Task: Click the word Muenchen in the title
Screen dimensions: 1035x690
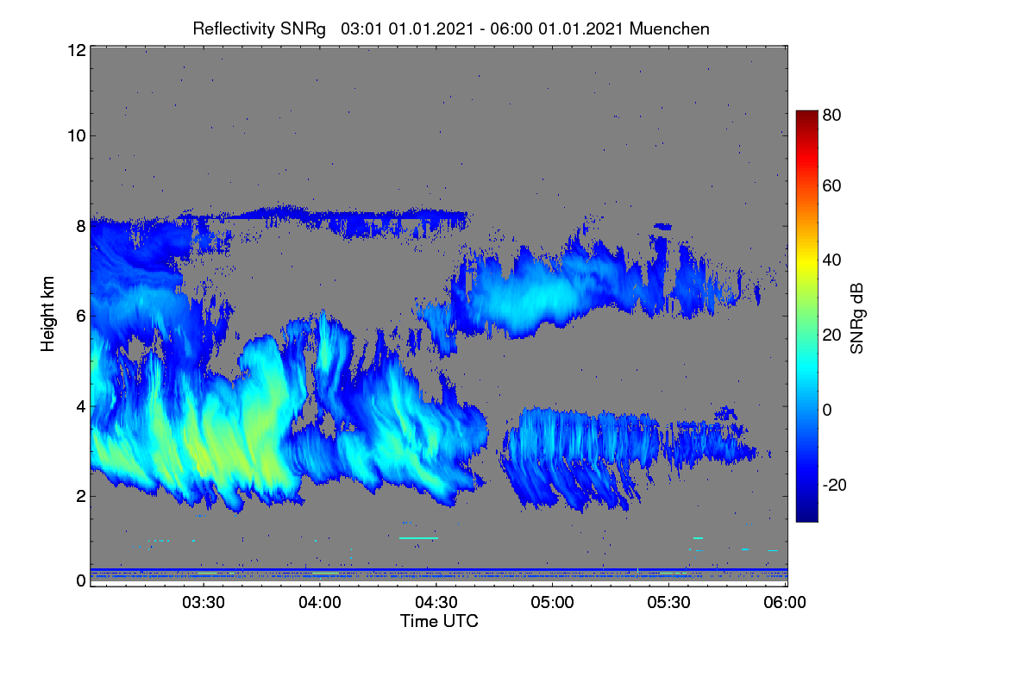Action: point(669,28)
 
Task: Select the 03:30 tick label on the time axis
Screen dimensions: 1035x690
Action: point(204,602)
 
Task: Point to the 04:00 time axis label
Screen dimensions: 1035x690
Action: point(320,602)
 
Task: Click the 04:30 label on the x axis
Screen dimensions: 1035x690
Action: point(436,602)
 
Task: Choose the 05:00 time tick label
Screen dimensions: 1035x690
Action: point(552,602)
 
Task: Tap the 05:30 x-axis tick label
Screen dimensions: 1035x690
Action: point(668,602)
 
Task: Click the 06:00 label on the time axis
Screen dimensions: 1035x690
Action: point(785,602)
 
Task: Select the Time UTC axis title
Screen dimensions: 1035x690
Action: point(439,621)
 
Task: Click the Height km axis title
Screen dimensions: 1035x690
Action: point(47,314)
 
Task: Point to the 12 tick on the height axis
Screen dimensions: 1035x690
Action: point(77,50)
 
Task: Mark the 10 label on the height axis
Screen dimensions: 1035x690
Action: point(77,136)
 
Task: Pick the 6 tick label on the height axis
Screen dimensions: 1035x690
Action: point(81,317)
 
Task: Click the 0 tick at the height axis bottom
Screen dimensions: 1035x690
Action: point(81,580)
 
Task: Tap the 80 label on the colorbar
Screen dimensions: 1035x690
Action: point(831,115)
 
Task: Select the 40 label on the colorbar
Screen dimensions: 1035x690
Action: point(831,260)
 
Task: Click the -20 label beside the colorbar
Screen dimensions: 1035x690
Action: point(835,485)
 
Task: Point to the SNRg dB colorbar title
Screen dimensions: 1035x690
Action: point(856,319)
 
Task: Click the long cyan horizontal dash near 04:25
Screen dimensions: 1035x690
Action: point(418,538)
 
